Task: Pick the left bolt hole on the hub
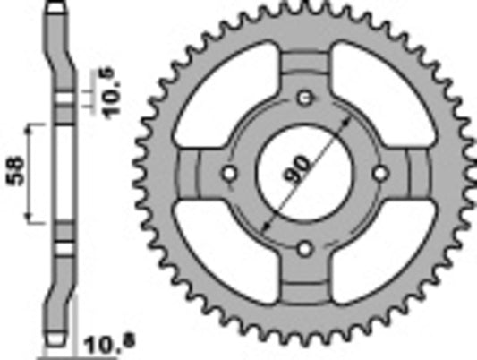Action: pos(230,172)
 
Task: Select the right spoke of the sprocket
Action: pos(417,172)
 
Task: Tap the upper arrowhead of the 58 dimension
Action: pos(35,126)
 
